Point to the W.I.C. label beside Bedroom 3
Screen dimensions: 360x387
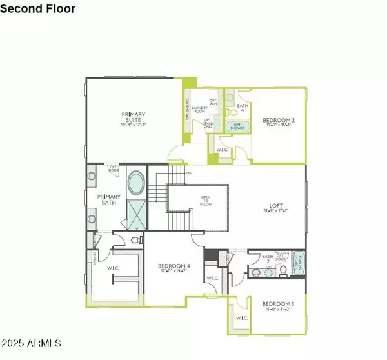point(242,318)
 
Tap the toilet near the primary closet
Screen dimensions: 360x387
point(135,239)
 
